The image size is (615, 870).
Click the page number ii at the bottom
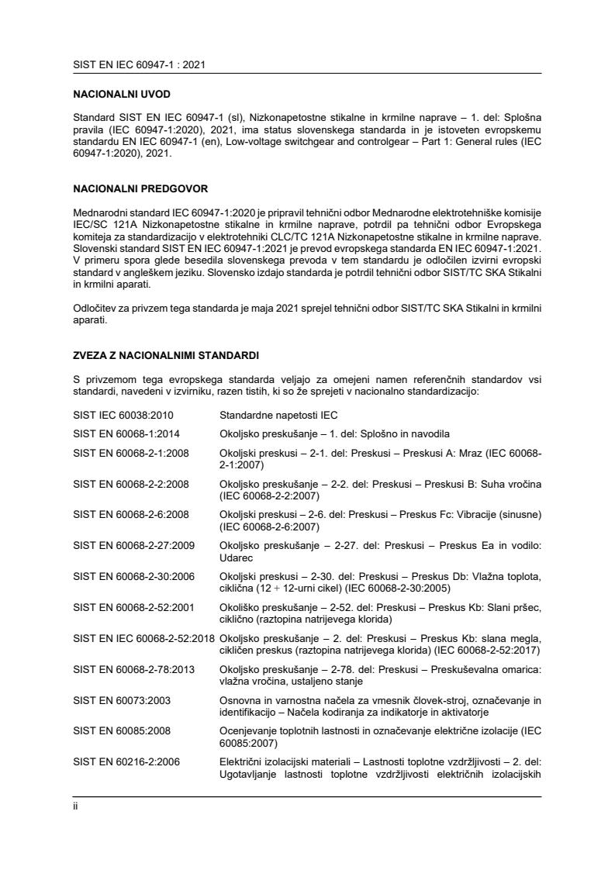75,805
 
